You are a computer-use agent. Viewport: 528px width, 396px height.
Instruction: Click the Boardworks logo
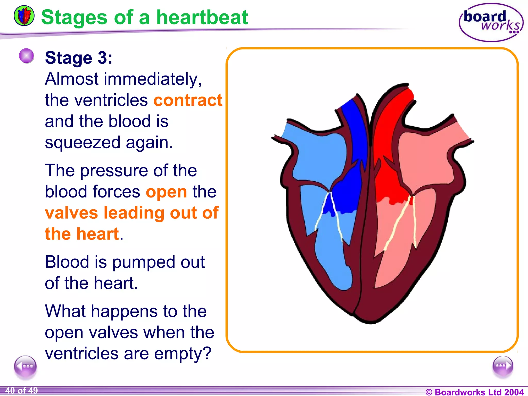(491, 22)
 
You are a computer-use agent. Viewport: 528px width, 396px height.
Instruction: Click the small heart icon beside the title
(24, 16)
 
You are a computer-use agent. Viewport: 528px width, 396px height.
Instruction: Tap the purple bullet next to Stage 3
(27, 56)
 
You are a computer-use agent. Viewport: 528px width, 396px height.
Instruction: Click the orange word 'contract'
(188, 100)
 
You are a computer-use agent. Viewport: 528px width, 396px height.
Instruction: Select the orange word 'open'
(166, 192)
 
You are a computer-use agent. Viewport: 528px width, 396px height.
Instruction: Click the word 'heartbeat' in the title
(202, 18)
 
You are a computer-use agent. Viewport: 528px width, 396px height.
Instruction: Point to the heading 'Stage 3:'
(79, 58)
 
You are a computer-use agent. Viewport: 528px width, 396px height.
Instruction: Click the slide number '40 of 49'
(22, 391)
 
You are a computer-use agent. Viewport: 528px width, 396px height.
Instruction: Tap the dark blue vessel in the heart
(354, 134)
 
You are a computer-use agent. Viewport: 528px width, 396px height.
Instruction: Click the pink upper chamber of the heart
(425, 160)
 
